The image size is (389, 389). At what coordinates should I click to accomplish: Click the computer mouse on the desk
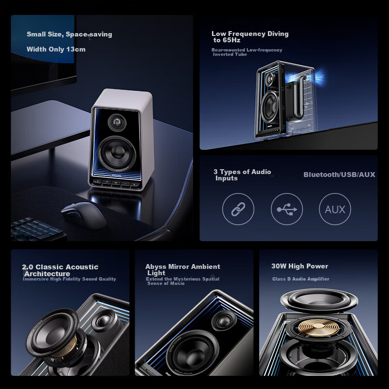[84, 215]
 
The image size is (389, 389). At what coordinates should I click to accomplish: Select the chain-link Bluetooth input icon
[238, 209]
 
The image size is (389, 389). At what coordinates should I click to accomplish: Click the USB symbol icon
[287, 209]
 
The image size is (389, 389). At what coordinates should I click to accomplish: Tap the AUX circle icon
[335, 209]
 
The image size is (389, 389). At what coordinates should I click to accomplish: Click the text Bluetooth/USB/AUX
[339, 175]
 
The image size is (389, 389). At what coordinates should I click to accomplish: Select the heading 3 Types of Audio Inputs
[242, 175]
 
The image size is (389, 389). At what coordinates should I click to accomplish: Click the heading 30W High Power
[300, 266]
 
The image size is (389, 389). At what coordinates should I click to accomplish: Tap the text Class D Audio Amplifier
[301, 279]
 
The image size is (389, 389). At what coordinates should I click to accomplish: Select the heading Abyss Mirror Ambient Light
[182, 269]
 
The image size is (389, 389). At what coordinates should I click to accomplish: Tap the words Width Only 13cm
[56, 49]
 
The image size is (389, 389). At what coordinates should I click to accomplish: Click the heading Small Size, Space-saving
[69, 34]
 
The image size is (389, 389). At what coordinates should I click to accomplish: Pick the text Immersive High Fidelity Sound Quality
[70, 279]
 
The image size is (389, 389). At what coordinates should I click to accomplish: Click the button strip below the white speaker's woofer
[117, 184]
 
